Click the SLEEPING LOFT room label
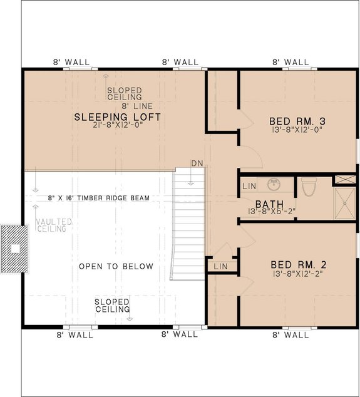118,117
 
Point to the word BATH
269,204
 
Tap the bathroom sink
273,185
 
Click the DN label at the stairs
197,163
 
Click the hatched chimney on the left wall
14,249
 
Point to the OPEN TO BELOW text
116,267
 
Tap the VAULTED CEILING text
54,225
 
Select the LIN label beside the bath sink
249,186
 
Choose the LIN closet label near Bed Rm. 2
220,266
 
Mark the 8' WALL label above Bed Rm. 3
291,62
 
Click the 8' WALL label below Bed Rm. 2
291,335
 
